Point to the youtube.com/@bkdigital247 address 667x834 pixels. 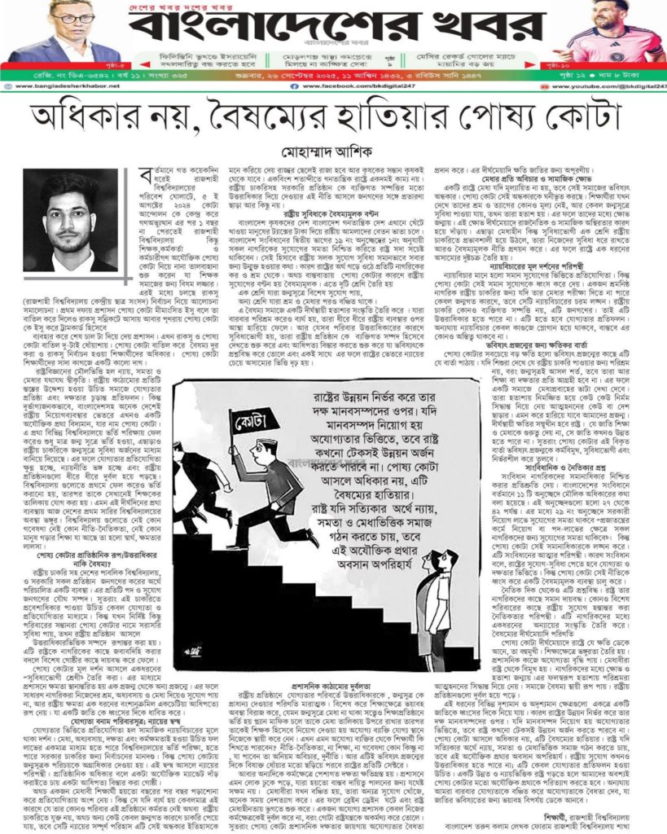click(x=611, y=85)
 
